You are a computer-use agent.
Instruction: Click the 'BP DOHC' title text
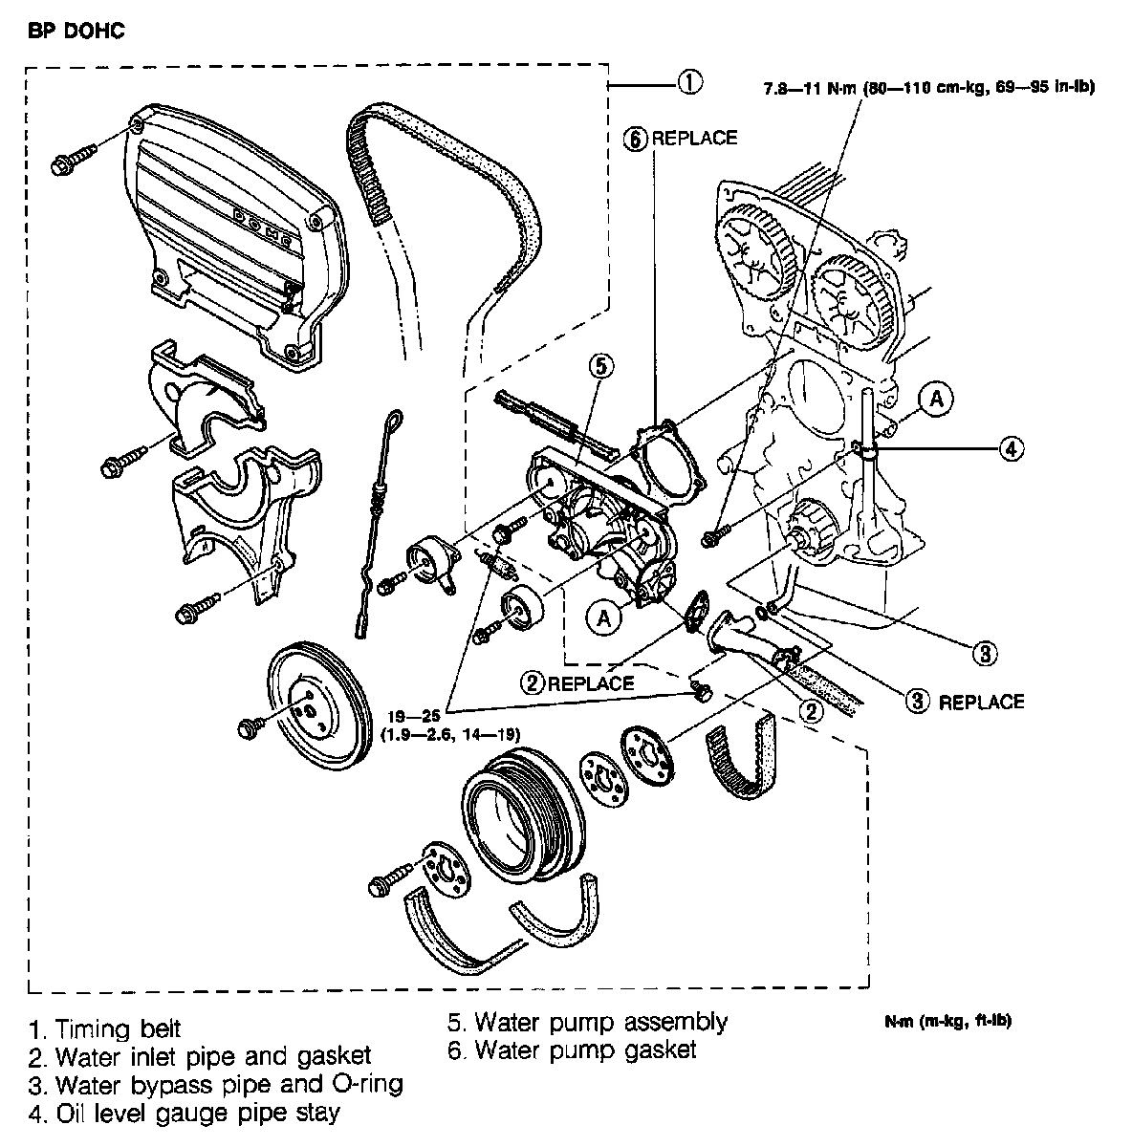[x=76, y=32]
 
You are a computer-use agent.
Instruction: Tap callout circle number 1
[x=689, y=82]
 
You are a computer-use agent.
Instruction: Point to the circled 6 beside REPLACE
[x=636, y=138]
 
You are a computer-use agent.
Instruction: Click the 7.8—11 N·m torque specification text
[x=924, y=87]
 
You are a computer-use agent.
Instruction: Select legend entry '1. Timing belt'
[x=105, y=1029]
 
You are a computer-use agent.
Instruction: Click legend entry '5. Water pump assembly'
[x=587, y=1022]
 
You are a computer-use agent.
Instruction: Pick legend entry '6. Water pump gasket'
[x=572, y=1050]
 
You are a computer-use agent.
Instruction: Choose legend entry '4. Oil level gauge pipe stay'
[x=185, y=1114]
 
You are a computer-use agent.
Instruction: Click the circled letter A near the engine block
[x=937, y=400]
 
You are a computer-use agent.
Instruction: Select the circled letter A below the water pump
[x=603, y=618]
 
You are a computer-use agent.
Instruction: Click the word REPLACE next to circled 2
[x=591, y=683]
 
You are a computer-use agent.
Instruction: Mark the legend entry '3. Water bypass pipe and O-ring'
[x=216, y=1086]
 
